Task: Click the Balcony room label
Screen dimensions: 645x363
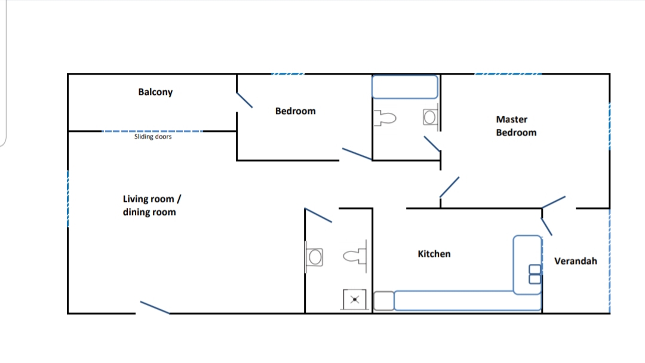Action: point(155,92)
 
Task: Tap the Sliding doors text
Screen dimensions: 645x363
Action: point(153,137)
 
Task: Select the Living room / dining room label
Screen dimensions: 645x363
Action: point(152,205)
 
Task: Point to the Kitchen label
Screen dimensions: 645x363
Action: point(434,254)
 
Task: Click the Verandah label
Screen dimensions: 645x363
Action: point(576,261)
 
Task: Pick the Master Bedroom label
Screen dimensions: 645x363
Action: point(516,126)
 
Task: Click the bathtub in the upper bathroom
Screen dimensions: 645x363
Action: point(405,87)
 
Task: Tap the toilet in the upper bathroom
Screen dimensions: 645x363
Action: point(385,118)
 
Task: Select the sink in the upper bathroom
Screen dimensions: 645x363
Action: point(430,117)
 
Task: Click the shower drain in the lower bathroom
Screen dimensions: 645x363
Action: point(355,300)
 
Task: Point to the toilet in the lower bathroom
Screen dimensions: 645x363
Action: point(355,257)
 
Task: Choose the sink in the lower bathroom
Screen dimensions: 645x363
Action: point(315,257)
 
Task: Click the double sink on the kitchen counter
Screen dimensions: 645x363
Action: point(535,274)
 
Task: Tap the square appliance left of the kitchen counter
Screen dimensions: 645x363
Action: point(384,301)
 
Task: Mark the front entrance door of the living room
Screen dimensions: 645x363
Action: point(155,307)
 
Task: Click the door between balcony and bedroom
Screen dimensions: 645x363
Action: point(244,100)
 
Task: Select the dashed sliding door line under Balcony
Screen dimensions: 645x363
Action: point(152,131)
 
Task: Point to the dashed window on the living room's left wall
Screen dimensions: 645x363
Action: point(68,199)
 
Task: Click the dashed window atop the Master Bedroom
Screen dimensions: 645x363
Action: point(508,74)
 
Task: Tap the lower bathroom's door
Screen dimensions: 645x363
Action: point(318,216)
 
